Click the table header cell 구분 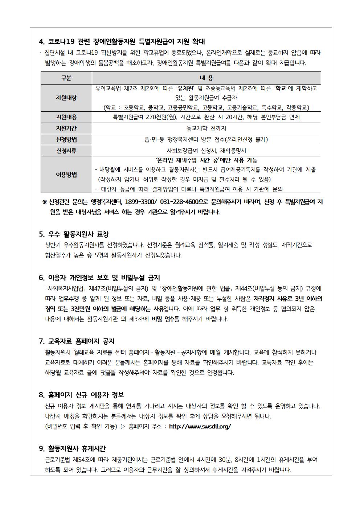[66, 78]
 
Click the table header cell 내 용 [206, 78]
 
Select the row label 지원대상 [66, 98]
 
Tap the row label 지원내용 [66, 117]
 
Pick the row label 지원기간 [66, 128]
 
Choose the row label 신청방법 [66, 140]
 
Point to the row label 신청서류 [66, 151]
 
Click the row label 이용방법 [66, 175]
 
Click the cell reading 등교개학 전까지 [206, 128]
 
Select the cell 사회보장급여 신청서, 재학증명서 [206, 151]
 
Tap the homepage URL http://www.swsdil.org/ [200, 427]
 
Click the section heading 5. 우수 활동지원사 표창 [74, 234]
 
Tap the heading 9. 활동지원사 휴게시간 [72, 449]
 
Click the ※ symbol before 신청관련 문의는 [44, 202]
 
